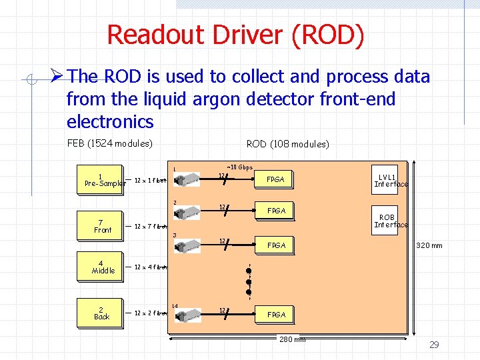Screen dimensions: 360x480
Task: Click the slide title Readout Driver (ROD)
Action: (235, 35)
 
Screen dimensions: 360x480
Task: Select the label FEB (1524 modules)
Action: (110, 143)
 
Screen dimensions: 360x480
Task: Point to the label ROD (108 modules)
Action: (287, 144)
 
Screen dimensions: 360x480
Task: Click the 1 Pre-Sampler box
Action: (101, 180)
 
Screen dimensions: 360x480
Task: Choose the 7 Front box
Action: (102, 226)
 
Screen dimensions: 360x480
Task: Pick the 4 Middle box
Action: (102, 267)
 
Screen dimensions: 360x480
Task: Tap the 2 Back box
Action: (101, 313)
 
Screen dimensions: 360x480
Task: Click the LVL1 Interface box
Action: (390, 180)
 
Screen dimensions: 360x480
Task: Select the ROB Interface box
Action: (390, 221)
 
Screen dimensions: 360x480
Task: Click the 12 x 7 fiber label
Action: (150, 227)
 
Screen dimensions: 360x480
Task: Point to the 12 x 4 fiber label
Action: (150, 267)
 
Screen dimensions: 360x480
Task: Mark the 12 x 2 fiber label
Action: (150, 313)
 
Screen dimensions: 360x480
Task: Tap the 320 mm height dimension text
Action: (429, 245)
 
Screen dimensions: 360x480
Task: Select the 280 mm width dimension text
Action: (291, 339)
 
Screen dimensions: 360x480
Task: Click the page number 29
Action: (434, 345)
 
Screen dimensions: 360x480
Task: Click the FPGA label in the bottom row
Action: (276, 314)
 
